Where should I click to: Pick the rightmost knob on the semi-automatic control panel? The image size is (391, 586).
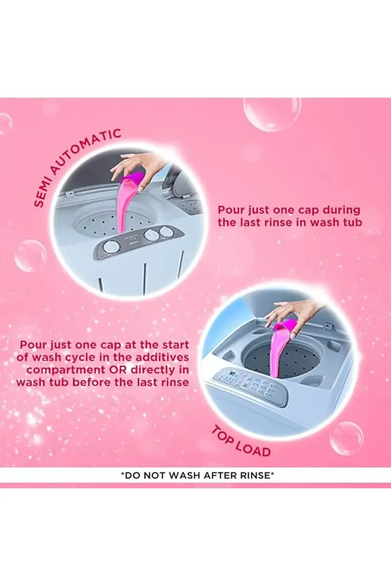[165, 231]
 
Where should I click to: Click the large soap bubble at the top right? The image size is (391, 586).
[272, 115]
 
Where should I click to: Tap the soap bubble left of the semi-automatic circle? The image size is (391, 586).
[30, 255]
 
